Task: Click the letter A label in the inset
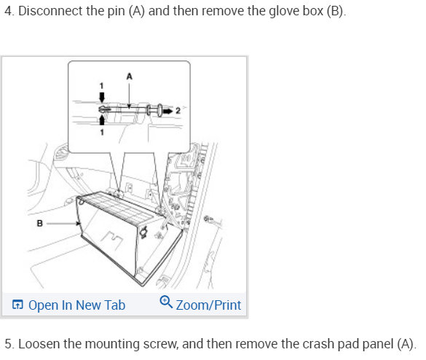click(x=130, y=77)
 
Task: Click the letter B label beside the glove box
click(x=39, y=223)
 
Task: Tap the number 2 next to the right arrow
click(x=178, y=111)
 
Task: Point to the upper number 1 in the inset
click(x=102, y=86)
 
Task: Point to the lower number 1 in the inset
click(x=102, y=132)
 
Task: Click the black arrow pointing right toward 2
click(x=167, y=111)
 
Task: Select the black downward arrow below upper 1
click(x=102, y=98)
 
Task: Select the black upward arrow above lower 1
click(x=102, y=120)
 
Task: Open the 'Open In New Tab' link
click(x=76, y=305)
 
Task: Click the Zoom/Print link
click(x=208, y=305)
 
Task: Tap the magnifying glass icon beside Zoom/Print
click(x=166, y=302)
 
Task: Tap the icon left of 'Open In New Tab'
click(x=17, y=305)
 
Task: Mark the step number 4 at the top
click(x=9, y=11)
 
